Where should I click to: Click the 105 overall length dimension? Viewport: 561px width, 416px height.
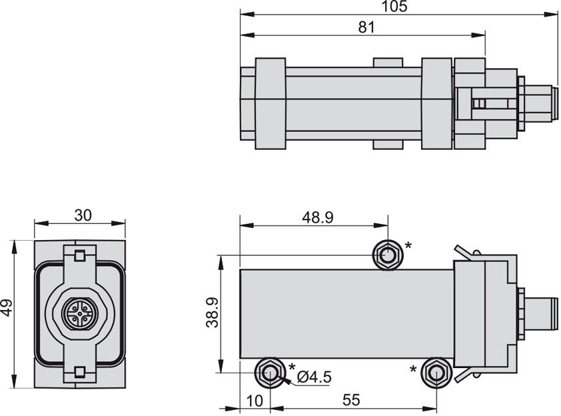tap(394, 7)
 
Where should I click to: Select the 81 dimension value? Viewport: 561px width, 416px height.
tap(366, 27)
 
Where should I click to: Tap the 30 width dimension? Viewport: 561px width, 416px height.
tap(83, 215)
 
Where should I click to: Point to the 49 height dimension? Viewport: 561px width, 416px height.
tap(7, 308)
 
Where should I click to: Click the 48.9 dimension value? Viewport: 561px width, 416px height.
tap(318, 217)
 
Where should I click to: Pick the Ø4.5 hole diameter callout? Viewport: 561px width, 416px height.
tap(314, 377)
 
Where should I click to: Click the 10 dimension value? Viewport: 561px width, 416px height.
tap(255, 401)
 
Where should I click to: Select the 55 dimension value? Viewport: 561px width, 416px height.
tap(351, 400)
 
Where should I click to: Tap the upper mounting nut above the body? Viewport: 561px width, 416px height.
tap(388, 255)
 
